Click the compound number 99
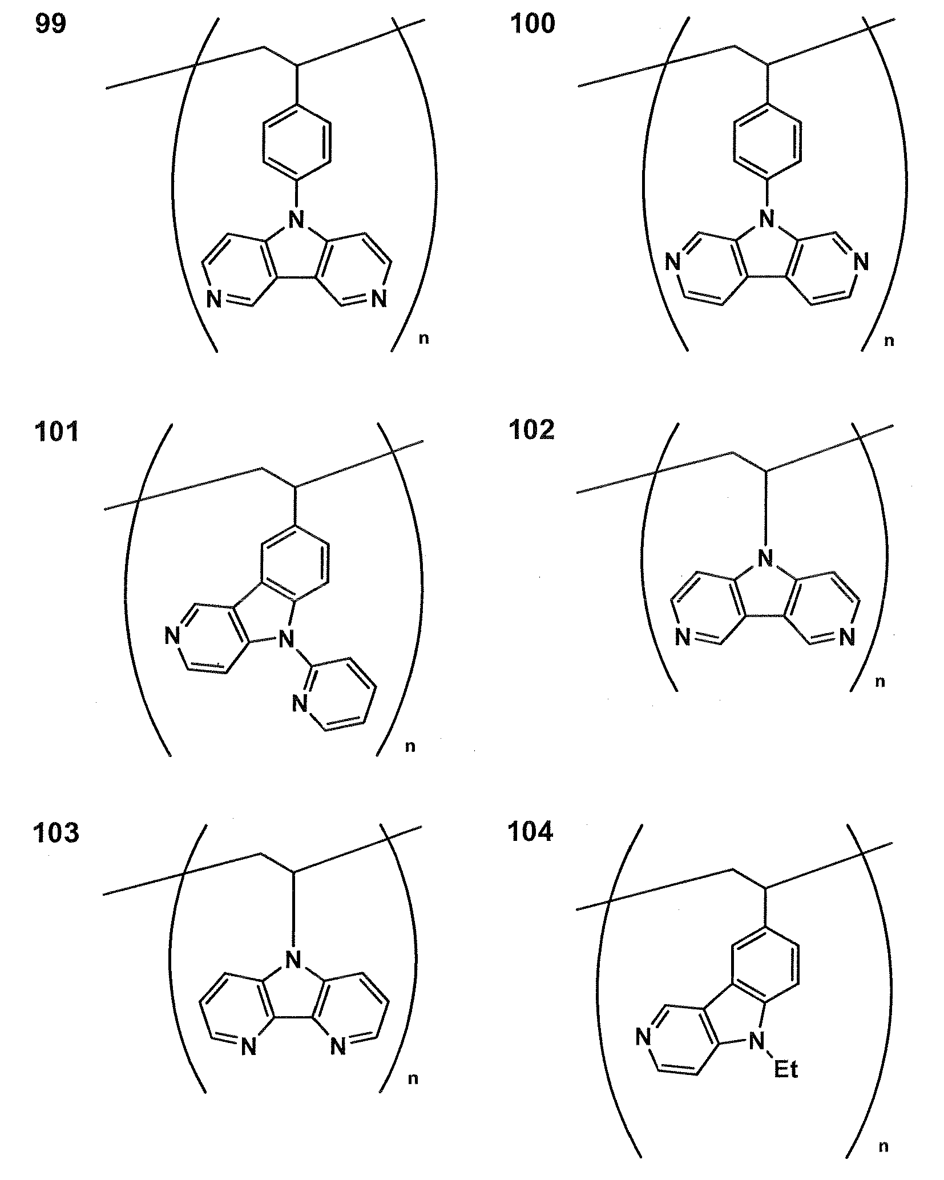coord(51,25)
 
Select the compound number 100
coord(532,25)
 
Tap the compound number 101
coord(57,432)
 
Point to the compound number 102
coord(531,429)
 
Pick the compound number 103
coord(57,833)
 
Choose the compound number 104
coord(530,832)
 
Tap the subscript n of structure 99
coord(423,339)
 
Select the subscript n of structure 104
coord(884,1147)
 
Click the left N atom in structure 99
coord(215,299)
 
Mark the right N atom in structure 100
coord(862,263)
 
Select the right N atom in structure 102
coord(847,637)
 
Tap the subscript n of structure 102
coord(880,682)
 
